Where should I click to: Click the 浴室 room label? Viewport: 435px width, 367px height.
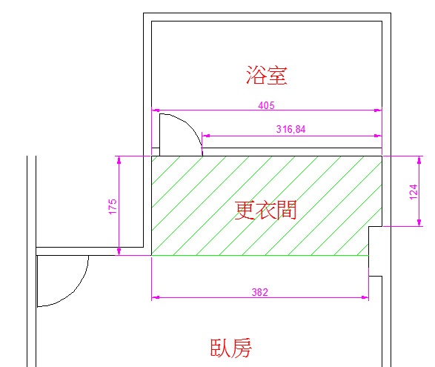[266, 75]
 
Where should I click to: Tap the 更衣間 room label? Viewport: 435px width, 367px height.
[265, 210]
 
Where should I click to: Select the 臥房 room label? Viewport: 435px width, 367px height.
[231, 348]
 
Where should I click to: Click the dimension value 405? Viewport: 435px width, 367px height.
[266, 105]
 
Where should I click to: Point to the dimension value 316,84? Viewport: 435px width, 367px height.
[290, 129]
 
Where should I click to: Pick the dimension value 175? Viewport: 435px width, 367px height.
[113, 206]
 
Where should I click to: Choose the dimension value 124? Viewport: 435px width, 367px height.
[414, 191]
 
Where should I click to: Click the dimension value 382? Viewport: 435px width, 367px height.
[260, 292]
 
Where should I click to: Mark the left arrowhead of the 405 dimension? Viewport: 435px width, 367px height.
[156, 110]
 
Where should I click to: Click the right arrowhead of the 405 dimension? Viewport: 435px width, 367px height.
[378, 110]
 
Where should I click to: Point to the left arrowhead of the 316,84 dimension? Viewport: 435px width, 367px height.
[206, 136]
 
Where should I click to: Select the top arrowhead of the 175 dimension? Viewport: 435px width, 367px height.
[119, 160]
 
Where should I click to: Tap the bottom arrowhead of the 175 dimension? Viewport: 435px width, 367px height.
[119, 251]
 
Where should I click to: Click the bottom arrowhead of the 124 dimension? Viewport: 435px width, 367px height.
[419, 222]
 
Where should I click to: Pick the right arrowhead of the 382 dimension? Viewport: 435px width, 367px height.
[365, 297]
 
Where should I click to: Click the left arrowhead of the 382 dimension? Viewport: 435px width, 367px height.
[156, 297]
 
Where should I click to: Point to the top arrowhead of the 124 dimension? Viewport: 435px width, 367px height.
[419, 160]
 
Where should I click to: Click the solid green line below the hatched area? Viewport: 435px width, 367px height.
[260, 255]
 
